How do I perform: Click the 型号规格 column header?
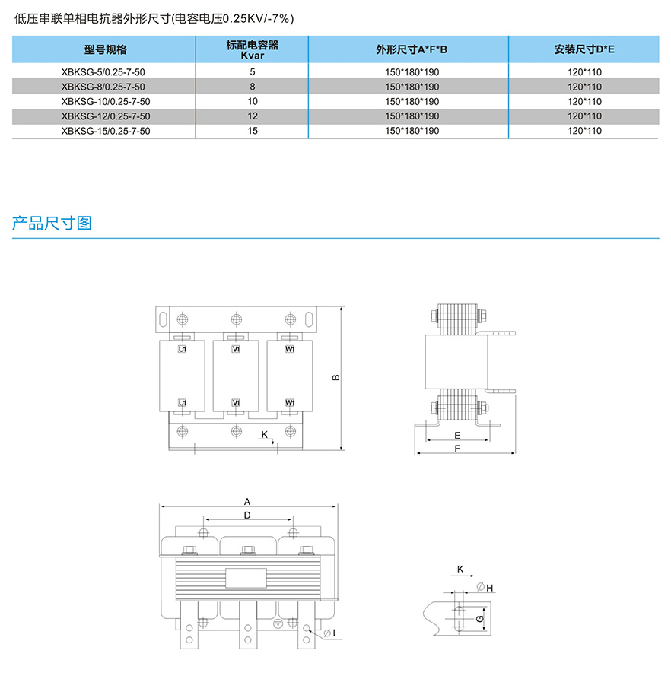105,50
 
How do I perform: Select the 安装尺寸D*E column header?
584,50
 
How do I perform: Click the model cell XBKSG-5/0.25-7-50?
105,71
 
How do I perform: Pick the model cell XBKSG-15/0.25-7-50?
105,131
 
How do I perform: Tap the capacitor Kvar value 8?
253,87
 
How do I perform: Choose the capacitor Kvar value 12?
253,116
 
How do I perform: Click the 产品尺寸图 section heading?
52,224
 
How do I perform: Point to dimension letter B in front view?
335,378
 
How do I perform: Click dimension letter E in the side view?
456,436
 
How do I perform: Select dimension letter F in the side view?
456,449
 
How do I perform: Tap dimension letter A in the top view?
247,502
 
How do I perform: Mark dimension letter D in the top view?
247,516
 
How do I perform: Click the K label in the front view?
263,434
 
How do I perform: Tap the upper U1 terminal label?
183,349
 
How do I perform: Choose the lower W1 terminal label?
290,402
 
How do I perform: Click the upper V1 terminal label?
236,349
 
